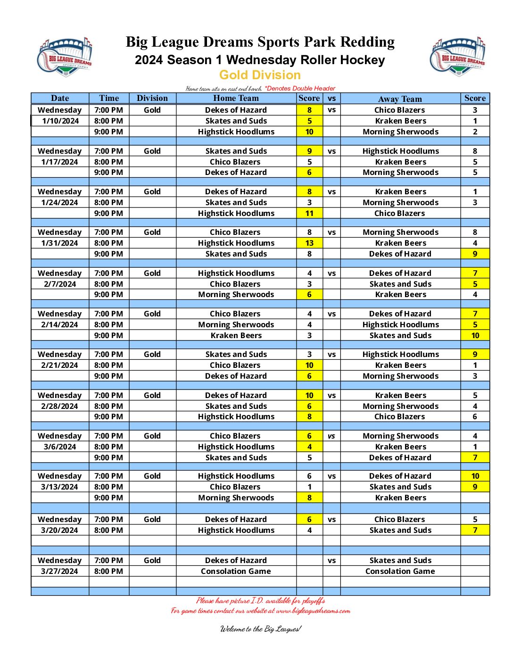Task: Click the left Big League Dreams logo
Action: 65,57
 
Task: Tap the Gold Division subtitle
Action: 260,75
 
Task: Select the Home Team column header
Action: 236,98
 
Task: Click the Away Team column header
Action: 400,99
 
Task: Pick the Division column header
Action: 152,98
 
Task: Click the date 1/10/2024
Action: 60,121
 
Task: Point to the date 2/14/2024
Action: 60,324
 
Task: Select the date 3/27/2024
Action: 60,571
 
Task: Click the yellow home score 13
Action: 309,243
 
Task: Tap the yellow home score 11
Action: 309,213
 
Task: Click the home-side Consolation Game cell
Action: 236,571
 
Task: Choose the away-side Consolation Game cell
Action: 400,571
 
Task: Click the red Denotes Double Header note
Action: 300,88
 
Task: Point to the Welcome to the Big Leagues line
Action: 260,629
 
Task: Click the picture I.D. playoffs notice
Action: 260,600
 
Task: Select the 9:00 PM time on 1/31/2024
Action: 108,254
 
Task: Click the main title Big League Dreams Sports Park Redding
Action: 260,42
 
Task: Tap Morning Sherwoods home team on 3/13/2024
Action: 236,498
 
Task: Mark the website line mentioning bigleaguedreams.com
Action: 260,611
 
